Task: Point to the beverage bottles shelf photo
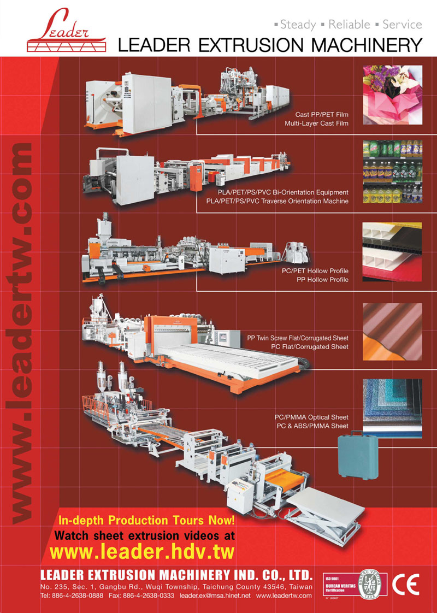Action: coord(392,170)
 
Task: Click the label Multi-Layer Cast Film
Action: coord(316,124)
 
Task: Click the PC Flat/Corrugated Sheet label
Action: coord(309,347)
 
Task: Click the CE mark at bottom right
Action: coord(405,585)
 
